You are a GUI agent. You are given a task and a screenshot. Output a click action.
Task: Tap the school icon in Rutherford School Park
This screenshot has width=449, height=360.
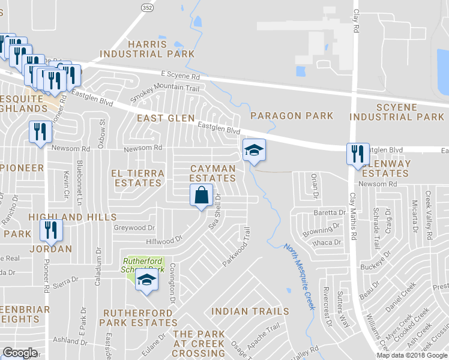(x=146, y=280)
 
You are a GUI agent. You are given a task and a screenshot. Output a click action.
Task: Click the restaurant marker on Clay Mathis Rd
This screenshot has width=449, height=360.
(x=355, y=154)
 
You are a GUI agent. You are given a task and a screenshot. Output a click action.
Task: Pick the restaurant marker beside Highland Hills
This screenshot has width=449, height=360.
(x=50, y=230)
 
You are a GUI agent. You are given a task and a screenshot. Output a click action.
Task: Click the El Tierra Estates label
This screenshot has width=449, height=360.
(x=137, y=178)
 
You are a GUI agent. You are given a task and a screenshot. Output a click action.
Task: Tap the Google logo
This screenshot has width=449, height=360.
(x=20, y=353)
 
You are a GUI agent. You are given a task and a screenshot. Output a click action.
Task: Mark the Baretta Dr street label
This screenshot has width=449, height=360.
(x=330, y=213)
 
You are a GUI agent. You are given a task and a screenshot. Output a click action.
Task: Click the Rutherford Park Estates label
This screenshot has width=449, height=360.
(x=139, y=318)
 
